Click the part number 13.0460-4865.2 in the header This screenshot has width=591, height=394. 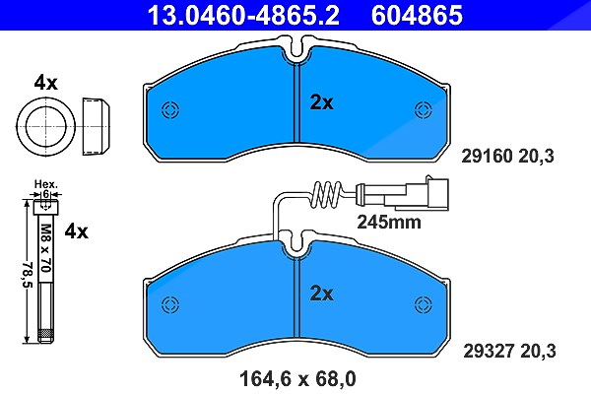click(243, 15)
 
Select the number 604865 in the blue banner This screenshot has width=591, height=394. click(417, 15)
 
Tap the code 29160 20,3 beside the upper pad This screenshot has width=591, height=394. click(507, 156)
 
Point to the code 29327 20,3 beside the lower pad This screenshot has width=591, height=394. click(509, 352)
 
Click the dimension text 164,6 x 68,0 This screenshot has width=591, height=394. click(297, 379)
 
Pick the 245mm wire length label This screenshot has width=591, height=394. click(389, 222)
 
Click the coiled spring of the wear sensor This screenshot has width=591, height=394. click(326, 194)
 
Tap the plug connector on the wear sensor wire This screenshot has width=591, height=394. click(417, 193)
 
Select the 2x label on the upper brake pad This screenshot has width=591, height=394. click(321, 102)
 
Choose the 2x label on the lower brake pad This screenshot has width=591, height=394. click(321, 294)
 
